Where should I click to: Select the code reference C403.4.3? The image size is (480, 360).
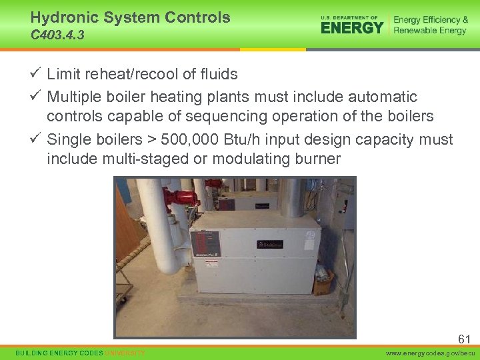point(57,35)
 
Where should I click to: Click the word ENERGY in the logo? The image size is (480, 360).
point(352,27)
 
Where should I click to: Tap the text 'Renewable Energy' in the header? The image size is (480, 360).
point(430,31)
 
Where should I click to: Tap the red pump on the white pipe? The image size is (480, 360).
point(179,199)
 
